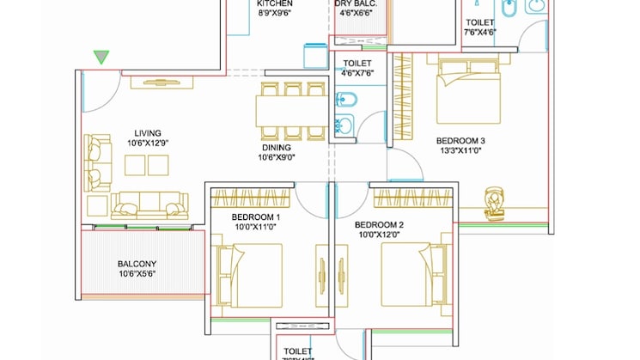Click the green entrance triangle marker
click(102, 58)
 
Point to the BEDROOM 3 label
click(460, 141)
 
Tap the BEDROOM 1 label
click(256, 217)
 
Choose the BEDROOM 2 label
click(380, 224)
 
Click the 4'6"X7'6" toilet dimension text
click(357, 74)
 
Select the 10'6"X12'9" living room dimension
click(148, 143)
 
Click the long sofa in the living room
click(149, 204)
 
